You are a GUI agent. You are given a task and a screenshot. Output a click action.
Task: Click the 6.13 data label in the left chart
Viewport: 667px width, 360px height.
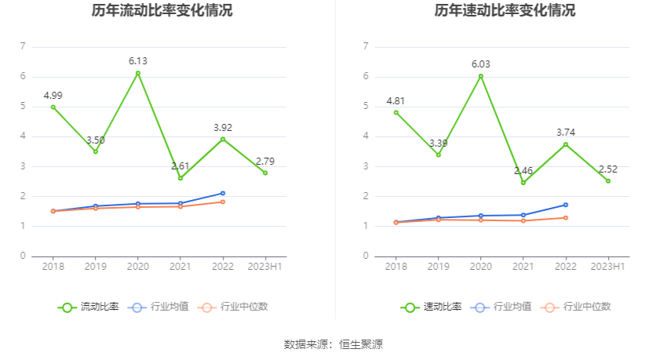pyautogui.click(x=138, y=60)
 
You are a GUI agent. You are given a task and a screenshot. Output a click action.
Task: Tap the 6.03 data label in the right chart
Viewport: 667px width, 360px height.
pyautogui.click(x=481, y=64)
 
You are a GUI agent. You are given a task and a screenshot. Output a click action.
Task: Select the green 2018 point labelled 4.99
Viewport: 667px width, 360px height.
pyautogui.click(x=53, y=107)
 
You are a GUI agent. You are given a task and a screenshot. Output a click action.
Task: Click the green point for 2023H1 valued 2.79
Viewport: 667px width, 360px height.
pyautogui.click(x=265, y=173)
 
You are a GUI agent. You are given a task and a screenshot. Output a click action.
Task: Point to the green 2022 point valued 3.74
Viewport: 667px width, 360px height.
pyautogui.click(x=566, y=144)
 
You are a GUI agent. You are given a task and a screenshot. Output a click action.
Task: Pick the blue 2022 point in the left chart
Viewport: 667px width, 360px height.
pyautogui.click(x=223, y=193)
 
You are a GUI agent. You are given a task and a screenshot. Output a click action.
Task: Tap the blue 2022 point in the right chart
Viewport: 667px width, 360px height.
pyautogui.click(x=566, y=205)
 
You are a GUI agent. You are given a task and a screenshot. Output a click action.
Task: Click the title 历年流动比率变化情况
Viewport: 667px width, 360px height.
pyautogui.click(x=162, y=11)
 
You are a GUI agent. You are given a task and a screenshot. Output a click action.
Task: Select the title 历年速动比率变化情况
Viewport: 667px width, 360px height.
pyautogui.click(x=505, y=11)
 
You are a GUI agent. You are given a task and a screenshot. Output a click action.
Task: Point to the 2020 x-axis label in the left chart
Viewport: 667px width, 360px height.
pyautogui.click(x=138, y=267)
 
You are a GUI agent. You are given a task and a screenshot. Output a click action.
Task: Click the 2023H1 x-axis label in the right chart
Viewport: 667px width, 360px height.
pyautogui.click(x=608, y=267)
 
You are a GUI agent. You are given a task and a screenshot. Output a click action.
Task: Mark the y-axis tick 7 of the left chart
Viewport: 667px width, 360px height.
pyautogui.click(x=23, y=47)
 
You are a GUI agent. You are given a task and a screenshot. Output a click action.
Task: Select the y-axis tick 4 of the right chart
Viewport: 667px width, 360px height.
pyautogui.click(x=366, y=136)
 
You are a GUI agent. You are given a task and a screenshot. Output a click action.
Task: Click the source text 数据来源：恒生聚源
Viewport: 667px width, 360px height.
pyautogui.click(x=333, y=344)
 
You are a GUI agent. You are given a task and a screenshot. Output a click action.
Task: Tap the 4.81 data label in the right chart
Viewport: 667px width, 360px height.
pyautogui.click(x=396, y=100)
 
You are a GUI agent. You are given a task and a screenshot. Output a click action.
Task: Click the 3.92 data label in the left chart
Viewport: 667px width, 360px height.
pyautogui.click(x=223, y=127)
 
